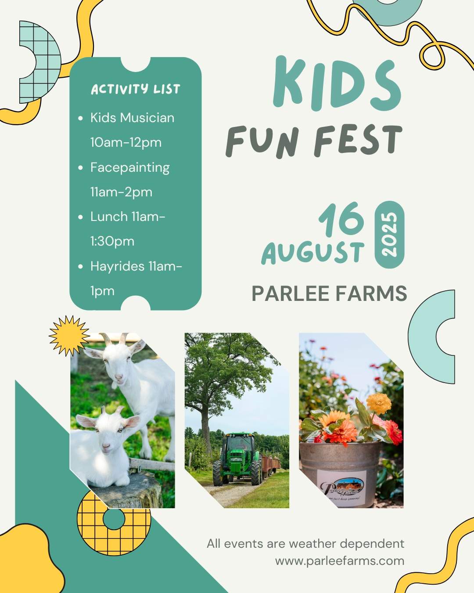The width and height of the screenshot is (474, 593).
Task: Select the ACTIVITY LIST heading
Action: coord(136,89)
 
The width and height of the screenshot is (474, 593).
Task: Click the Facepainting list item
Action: coord(130,168)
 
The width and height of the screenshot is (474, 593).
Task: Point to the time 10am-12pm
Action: coord(126,142)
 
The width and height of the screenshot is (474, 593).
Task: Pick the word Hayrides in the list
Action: coord(117,267)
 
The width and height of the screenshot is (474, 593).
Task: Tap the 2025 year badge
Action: coord(389,235)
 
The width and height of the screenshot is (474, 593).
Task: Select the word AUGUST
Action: coord(313,253)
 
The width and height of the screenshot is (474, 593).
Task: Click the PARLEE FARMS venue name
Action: coord(330,293)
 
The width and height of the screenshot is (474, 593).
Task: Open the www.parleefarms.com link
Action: coord(340,561)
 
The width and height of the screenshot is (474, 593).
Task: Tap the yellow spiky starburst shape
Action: coord(70,336)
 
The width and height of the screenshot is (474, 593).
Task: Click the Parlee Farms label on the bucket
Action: coord(341,488)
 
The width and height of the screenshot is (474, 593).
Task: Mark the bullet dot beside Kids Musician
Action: coord(80,118)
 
